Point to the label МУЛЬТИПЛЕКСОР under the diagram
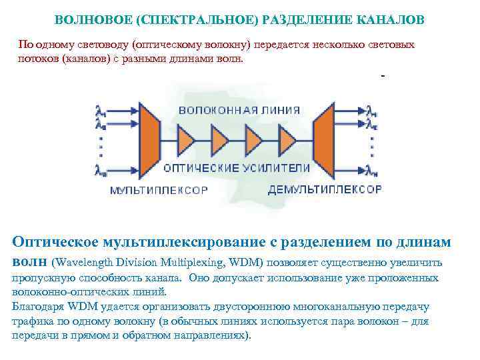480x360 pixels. [x=159, y=190]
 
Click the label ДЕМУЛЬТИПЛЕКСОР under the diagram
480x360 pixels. [x=325, y=189]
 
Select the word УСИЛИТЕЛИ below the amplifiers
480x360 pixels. [x=273, y=167]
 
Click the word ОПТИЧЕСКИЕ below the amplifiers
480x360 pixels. [x=199, y=167]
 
